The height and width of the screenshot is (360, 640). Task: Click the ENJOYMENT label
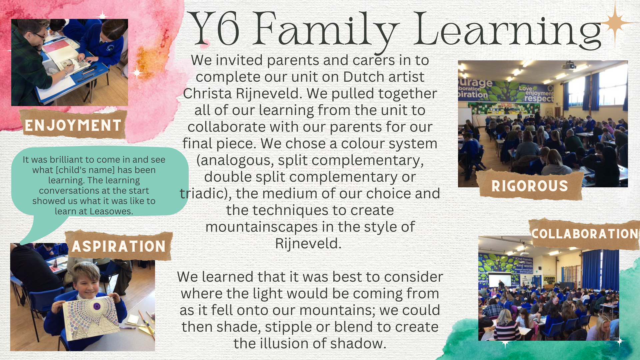73,125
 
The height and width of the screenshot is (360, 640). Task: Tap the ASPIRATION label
119,246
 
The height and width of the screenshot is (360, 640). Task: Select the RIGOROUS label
530,186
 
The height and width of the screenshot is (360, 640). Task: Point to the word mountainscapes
262,227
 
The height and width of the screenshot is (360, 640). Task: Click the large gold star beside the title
615,23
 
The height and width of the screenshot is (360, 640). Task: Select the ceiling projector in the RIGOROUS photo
569,65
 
